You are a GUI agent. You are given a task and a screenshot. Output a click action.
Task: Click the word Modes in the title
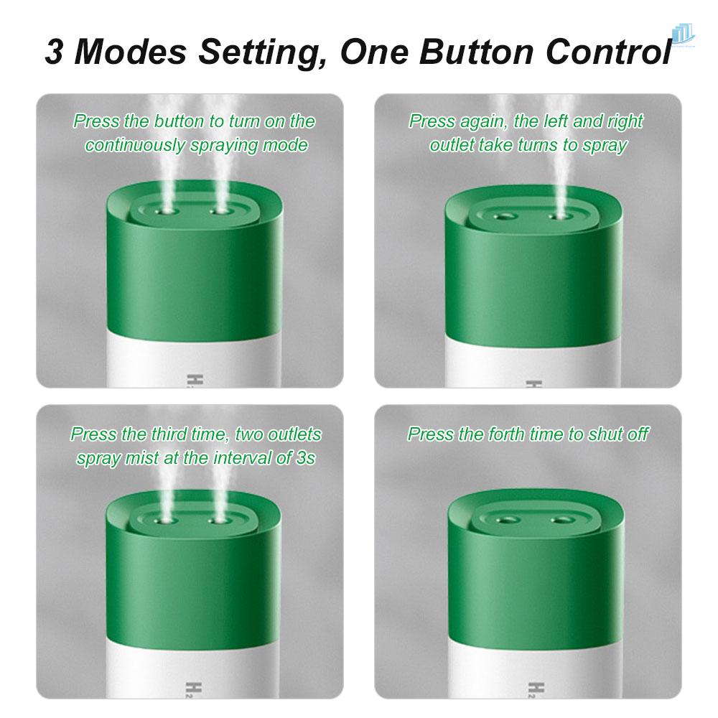(x=136, y=52)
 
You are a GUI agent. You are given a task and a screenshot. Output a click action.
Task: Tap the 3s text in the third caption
(x=305, y=458)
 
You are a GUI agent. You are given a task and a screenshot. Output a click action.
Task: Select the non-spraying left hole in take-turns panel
(x=505, y=215)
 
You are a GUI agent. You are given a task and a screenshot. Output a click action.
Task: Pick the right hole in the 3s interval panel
(x=215, y=518)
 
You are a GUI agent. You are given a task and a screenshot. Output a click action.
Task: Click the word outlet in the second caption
(x=452, y=145)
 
